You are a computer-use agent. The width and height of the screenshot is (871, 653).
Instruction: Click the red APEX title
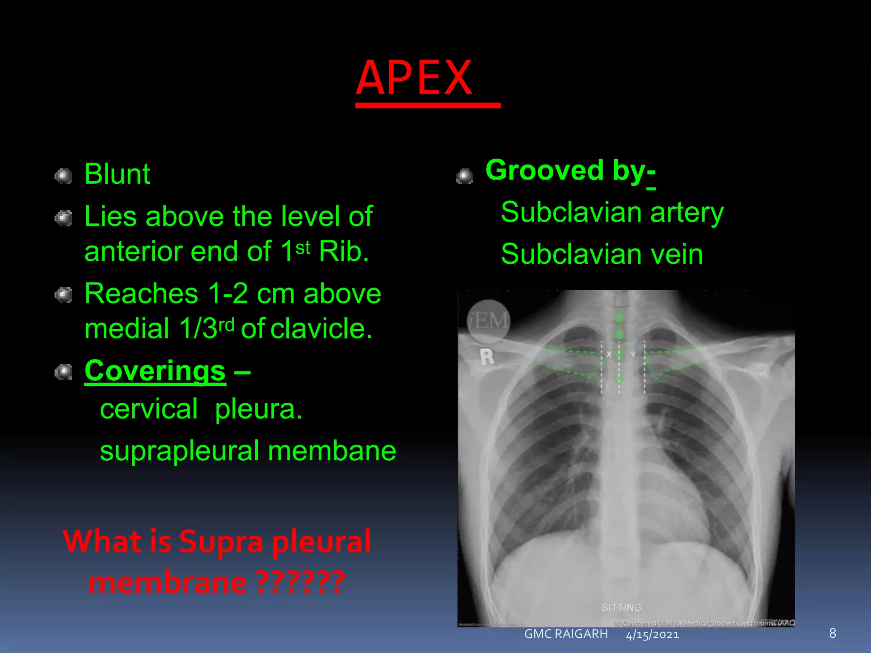(x=414, y=78)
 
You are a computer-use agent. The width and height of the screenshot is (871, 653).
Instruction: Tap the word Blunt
(x=117, y=174)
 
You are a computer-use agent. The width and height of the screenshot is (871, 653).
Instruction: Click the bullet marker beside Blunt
(x=64, y=176)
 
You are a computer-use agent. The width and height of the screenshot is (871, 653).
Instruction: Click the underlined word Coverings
(x=155, y=371)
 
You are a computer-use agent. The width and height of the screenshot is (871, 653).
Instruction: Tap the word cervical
(x=149, y=409)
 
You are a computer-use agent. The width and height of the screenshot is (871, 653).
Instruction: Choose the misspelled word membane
(x=332, y=451)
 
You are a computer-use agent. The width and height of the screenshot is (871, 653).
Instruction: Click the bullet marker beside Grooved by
(x=465, y=176)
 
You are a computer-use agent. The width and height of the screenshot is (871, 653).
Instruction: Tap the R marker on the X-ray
(x=487, y=356)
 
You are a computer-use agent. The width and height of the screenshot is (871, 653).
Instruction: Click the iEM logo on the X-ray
(x=488, y=320)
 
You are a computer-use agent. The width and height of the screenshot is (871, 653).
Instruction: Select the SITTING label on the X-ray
(x=621, y=607)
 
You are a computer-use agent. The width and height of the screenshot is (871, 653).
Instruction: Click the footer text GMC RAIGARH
(x=566, y=634)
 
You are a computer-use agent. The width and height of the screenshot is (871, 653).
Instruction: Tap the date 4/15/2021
(x=652, y=635)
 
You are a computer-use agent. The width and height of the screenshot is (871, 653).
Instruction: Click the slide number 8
(x=832, y=633)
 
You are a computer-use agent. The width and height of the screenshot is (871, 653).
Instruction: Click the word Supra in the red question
(x=221, y=542)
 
